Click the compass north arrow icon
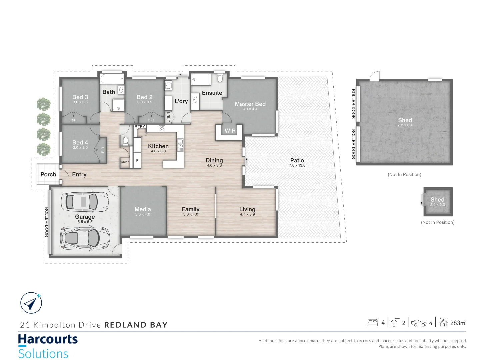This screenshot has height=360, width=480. (31, 303)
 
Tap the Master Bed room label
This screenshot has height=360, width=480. (250, 104)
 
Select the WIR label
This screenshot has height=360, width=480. (230, 131)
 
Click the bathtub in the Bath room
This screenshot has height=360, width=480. (112, 79)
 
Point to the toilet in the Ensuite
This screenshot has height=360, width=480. (220, 78)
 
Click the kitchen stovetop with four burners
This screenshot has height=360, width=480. (162, 128)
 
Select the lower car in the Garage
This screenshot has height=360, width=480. (85, 238)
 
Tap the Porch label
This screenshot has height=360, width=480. (48, 174)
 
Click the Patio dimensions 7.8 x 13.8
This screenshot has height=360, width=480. (297, 165)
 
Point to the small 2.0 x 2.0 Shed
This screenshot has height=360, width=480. (438, 202)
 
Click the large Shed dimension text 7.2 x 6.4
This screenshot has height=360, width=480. (405, 125)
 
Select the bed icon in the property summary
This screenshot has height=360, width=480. (372, 322)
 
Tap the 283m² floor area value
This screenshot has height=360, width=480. (458, 323)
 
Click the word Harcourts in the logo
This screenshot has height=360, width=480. (48, 339)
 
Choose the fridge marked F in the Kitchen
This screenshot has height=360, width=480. (137, 160)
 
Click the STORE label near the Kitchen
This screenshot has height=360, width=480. (125, 162)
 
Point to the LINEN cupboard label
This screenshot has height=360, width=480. (168, 117)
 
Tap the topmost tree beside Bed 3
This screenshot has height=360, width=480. (43, 104)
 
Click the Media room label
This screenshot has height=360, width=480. (143, 209)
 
